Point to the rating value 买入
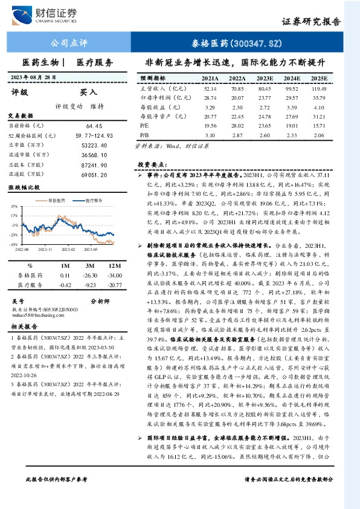tap(89, 92)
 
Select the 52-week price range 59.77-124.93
tap(89, 135)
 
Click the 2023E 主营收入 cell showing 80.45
tap(264, 88)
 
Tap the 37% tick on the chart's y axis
tap(13, 206)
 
